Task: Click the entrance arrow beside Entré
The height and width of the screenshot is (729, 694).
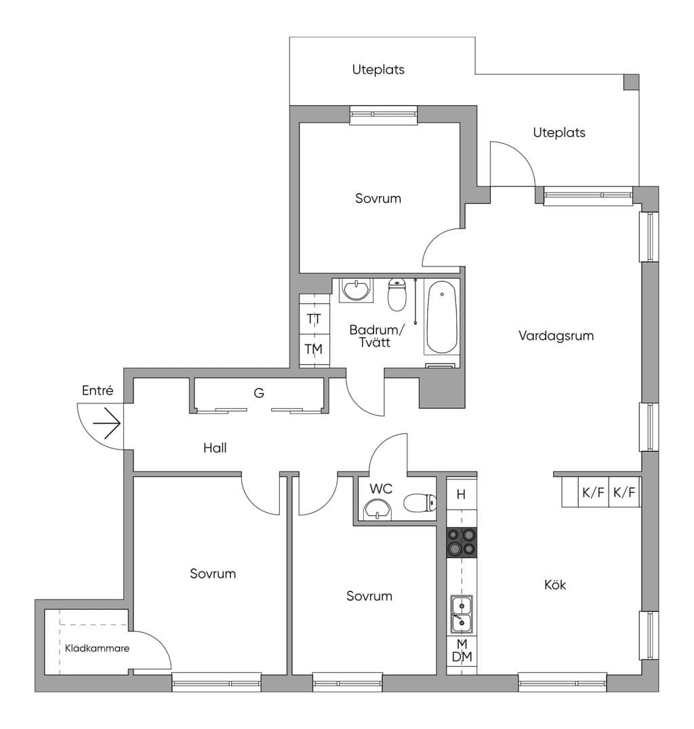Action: (x=107, y=423)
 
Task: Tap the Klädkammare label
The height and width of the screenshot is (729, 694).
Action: (x=97, y=648)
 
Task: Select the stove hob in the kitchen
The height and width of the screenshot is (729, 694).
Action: (x=462, y=542)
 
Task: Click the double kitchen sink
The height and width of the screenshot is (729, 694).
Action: (x=462, y=614)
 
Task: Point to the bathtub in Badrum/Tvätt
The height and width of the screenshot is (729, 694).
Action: (x=442, y=317)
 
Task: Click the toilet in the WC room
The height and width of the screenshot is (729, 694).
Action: (x=420, y=503)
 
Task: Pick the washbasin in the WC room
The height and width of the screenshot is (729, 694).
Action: (x=377, y=510)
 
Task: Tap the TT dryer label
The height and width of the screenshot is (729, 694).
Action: (x=314, y=319)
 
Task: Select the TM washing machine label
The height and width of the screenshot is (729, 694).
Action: (x=314, y=349)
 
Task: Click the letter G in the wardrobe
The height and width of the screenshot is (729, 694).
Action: (x=259, y=393)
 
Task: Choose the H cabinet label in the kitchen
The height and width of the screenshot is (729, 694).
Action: (x=461, y=494)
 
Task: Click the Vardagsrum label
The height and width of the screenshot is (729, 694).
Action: (x=556, y=336)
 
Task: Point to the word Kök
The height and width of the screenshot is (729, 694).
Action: (x=555, y=585)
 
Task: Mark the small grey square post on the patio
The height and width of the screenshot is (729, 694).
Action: (x=631, y=82)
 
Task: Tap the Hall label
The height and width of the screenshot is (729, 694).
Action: (x=215, y=448)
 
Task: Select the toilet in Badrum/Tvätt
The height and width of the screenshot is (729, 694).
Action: (x=397, y=294)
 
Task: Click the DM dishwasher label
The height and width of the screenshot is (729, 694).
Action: (x=462, y=656)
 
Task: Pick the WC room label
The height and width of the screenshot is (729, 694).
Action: (x=381, y=489)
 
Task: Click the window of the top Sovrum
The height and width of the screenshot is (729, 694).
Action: (x=384, y=115)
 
